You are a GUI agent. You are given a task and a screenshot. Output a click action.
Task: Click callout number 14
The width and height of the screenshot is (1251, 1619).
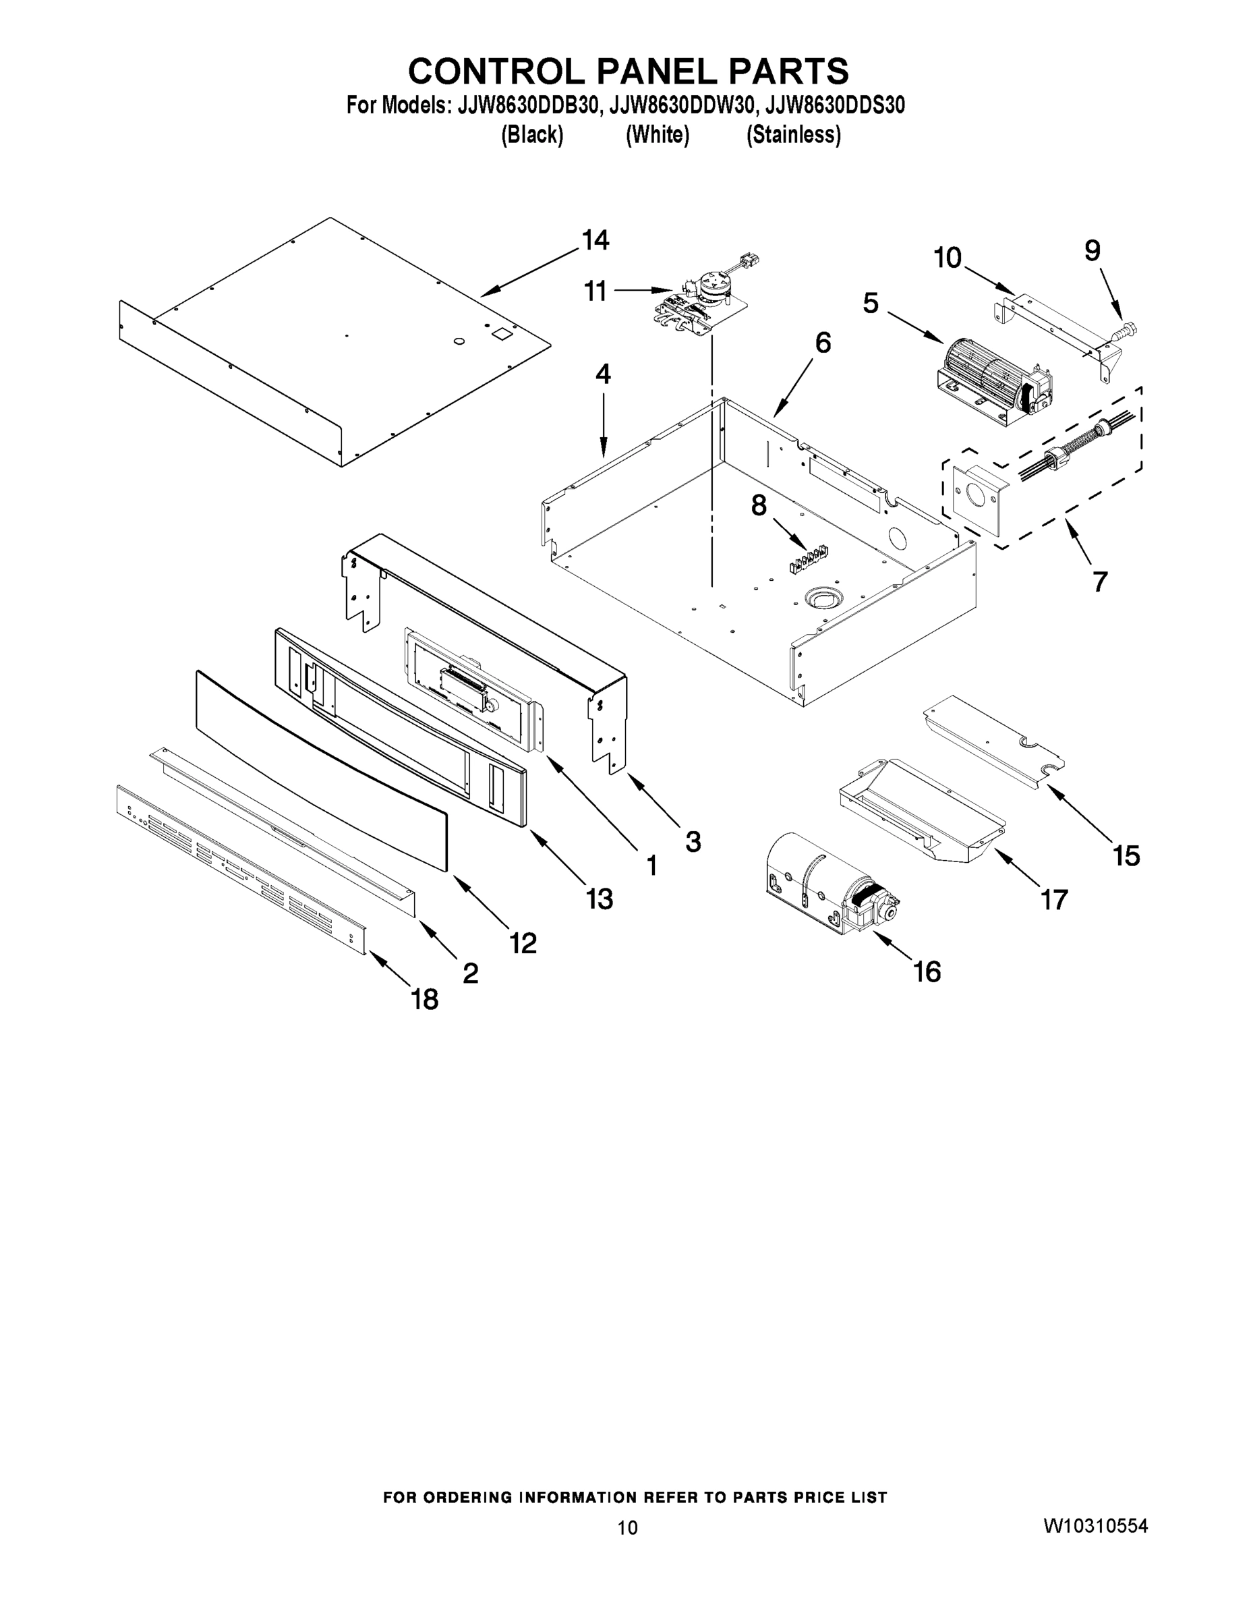pos(595,240)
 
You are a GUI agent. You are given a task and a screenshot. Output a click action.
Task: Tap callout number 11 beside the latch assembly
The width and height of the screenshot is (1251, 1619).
pos(595,291)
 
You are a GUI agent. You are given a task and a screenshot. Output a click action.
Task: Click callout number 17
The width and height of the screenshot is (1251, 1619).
pos(1053,900)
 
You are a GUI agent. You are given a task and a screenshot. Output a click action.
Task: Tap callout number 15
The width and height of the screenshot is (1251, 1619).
pos(1126,855)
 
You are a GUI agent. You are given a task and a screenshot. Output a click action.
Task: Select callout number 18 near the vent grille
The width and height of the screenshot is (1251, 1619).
pos(425,1000)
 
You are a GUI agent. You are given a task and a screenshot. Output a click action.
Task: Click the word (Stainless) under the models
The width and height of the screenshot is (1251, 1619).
pos(793,135)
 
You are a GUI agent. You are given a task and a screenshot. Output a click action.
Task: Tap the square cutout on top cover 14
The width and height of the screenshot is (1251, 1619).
pos(503,334)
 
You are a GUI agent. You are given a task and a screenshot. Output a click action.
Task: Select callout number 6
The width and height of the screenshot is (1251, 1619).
pos(823,343)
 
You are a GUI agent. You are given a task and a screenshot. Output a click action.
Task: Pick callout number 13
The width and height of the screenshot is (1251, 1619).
pos(599,899)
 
